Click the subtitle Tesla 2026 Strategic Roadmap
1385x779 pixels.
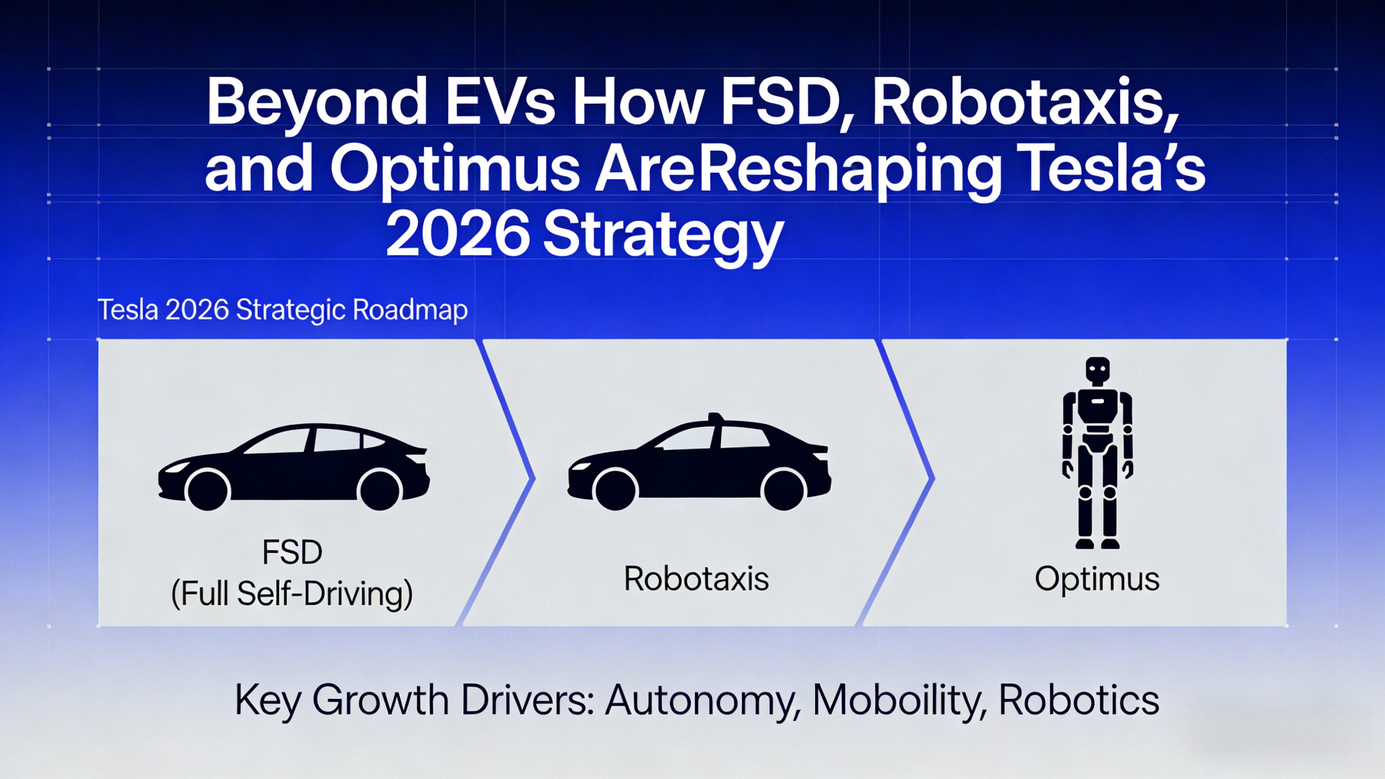[283, 311]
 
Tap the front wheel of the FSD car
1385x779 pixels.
[208, 490]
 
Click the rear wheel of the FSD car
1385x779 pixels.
[380, 490]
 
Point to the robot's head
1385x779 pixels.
[1097, 371]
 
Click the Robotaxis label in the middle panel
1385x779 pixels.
[696, 580]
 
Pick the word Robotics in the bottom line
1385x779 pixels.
[1079, 699]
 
